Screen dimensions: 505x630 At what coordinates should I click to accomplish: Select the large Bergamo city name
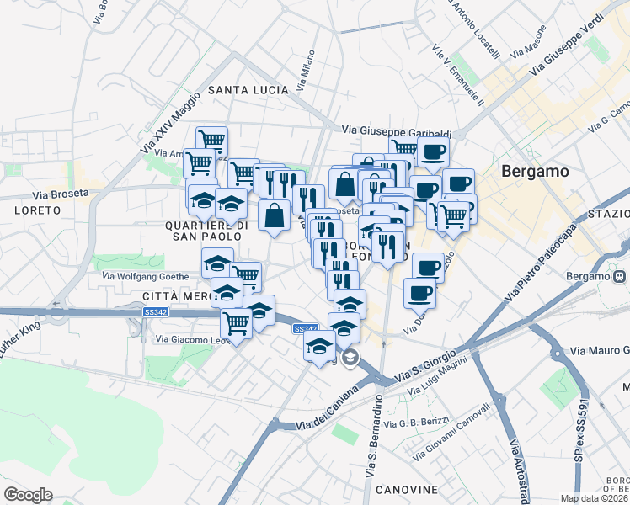[x=535, y=171]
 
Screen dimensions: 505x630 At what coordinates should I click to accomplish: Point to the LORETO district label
[x=37, y=210]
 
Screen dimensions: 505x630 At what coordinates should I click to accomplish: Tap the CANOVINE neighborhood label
[x=406, y=490]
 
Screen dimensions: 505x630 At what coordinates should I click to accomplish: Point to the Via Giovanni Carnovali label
[x=451, y=432]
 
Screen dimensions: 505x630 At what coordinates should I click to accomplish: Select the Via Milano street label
[x=305, y=72]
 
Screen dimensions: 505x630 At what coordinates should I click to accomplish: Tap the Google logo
[x=28, y=495]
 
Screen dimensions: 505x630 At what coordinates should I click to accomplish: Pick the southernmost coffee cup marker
[x=419, y=294]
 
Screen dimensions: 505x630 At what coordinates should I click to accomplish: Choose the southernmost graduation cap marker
[x=319, y=346]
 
